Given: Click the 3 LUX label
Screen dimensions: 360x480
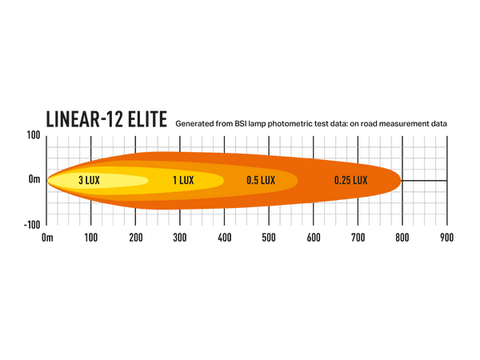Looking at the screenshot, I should [89, 181].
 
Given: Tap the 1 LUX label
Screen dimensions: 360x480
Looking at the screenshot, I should [183, 181].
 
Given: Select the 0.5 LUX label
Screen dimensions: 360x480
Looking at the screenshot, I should [261, 181].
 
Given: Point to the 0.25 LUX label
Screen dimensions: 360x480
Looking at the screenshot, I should [351, 181].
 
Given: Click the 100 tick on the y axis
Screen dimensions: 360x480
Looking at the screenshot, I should [33, 135].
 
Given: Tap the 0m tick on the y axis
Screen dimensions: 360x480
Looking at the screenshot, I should [34, 180].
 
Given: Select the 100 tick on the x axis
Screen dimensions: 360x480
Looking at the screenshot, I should [91, 238].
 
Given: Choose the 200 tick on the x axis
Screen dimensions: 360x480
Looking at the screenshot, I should [136, 238].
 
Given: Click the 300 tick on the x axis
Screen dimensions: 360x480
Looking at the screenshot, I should [180, 238].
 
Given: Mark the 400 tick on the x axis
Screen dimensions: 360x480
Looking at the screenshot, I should [224, 238].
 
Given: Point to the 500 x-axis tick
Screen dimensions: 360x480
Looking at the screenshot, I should [269, 238].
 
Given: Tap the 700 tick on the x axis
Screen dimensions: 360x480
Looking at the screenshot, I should [358, 238].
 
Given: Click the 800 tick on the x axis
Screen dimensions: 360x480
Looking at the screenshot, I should [402, 238].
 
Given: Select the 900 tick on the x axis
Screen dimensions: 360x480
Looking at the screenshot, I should [446, 238].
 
